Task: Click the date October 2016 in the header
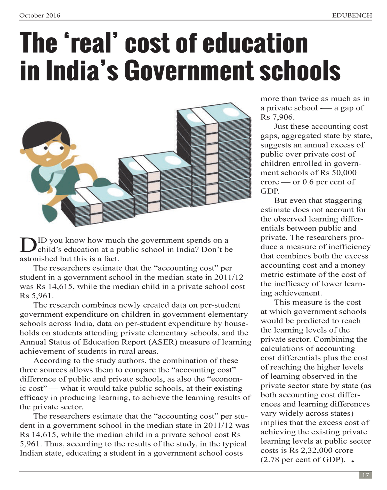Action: tap(39, 15)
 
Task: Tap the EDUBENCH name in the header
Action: tap(352, 15)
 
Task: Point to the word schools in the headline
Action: tap(300, 70)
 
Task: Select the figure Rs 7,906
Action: tap(277, 117)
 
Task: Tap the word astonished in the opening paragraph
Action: tap(39, 259)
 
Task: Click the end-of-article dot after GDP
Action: tap(352, 461)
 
